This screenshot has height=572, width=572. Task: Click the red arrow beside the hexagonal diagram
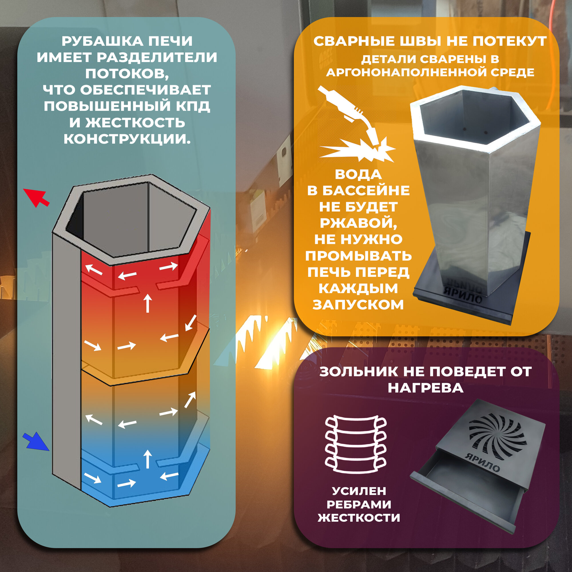point(36,197)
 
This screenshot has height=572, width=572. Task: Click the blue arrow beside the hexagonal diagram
point(36,441)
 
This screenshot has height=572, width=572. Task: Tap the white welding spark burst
point(358,150)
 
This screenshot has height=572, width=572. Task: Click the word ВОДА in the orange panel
point(358,174)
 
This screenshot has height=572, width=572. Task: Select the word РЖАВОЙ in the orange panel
point(358,223)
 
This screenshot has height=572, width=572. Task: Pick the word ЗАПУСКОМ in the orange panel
point(358,305)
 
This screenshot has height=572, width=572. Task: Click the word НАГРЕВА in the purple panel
point(426,388)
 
